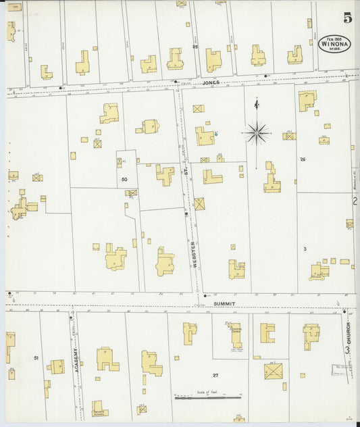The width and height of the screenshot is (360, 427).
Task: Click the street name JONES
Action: coord(210,82)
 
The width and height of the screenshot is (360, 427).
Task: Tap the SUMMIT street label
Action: coord(224,303)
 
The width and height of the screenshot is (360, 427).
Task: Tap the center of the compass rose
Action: coord(257,133)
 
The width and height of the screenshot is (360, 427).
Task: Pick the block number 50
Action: coord(124,179)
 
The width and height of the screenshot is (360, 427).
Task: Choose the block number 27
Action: coord(215,375)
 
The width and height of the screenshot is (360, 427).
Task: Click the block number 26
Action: coord(303,159)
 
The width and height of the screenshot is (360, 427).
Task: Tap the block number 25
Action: coord(195,47)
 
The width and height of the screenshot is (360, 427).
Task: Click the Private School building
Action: coord(100,408)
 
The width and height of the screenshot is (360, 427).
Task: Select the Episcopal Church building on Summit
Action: coord(235,335)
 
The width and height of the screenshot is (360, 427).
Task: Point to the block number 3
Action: coord(305,249)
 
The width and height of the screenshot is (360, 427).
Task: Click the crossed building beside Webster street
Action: coord(199,203)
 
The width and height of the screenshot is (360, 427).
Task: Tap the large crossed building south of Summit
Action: coord(274,370)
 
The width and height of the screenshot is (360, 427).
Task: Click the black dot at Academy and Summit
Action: coord(70,317)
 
